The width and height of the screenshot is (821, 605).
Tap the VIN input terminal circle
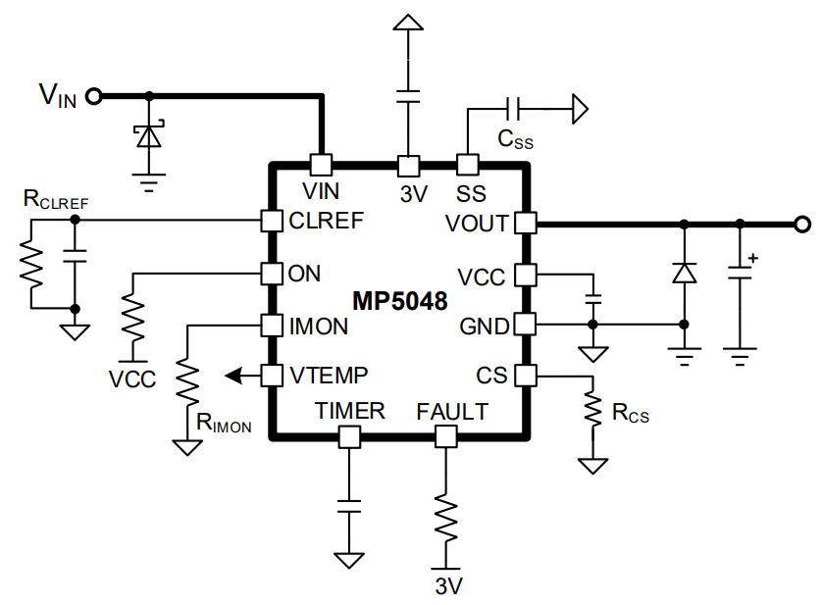[x=95, y=95]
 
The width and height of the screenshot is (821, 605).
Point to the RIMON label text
[x=225, y=424]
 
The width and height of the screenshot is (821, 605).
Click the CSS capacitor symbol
[x=512, y=107]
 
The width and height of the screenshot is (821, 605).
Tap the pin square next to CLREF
[x=271, y=221]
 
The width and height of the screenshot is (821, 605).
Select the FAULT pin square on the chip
[x=446, y=436]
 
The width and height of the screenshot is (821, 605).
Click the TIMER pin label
[x=350, y=412]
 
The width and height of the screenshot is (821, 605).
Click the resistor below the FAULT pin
[x=446, y=520]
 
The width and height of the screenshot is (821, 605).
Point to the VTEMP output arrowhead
[x=231, y=375]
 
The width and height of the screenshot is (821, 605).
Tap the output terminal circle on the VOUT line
[x=802, y=224]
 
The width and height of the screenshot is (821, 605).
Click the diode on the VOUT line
[x=684, y=273]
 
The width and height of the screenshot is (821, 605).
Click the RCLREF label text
[x=56, y=201]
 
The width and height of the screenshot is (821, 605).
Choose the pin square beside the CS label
[x=526, y=375]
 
